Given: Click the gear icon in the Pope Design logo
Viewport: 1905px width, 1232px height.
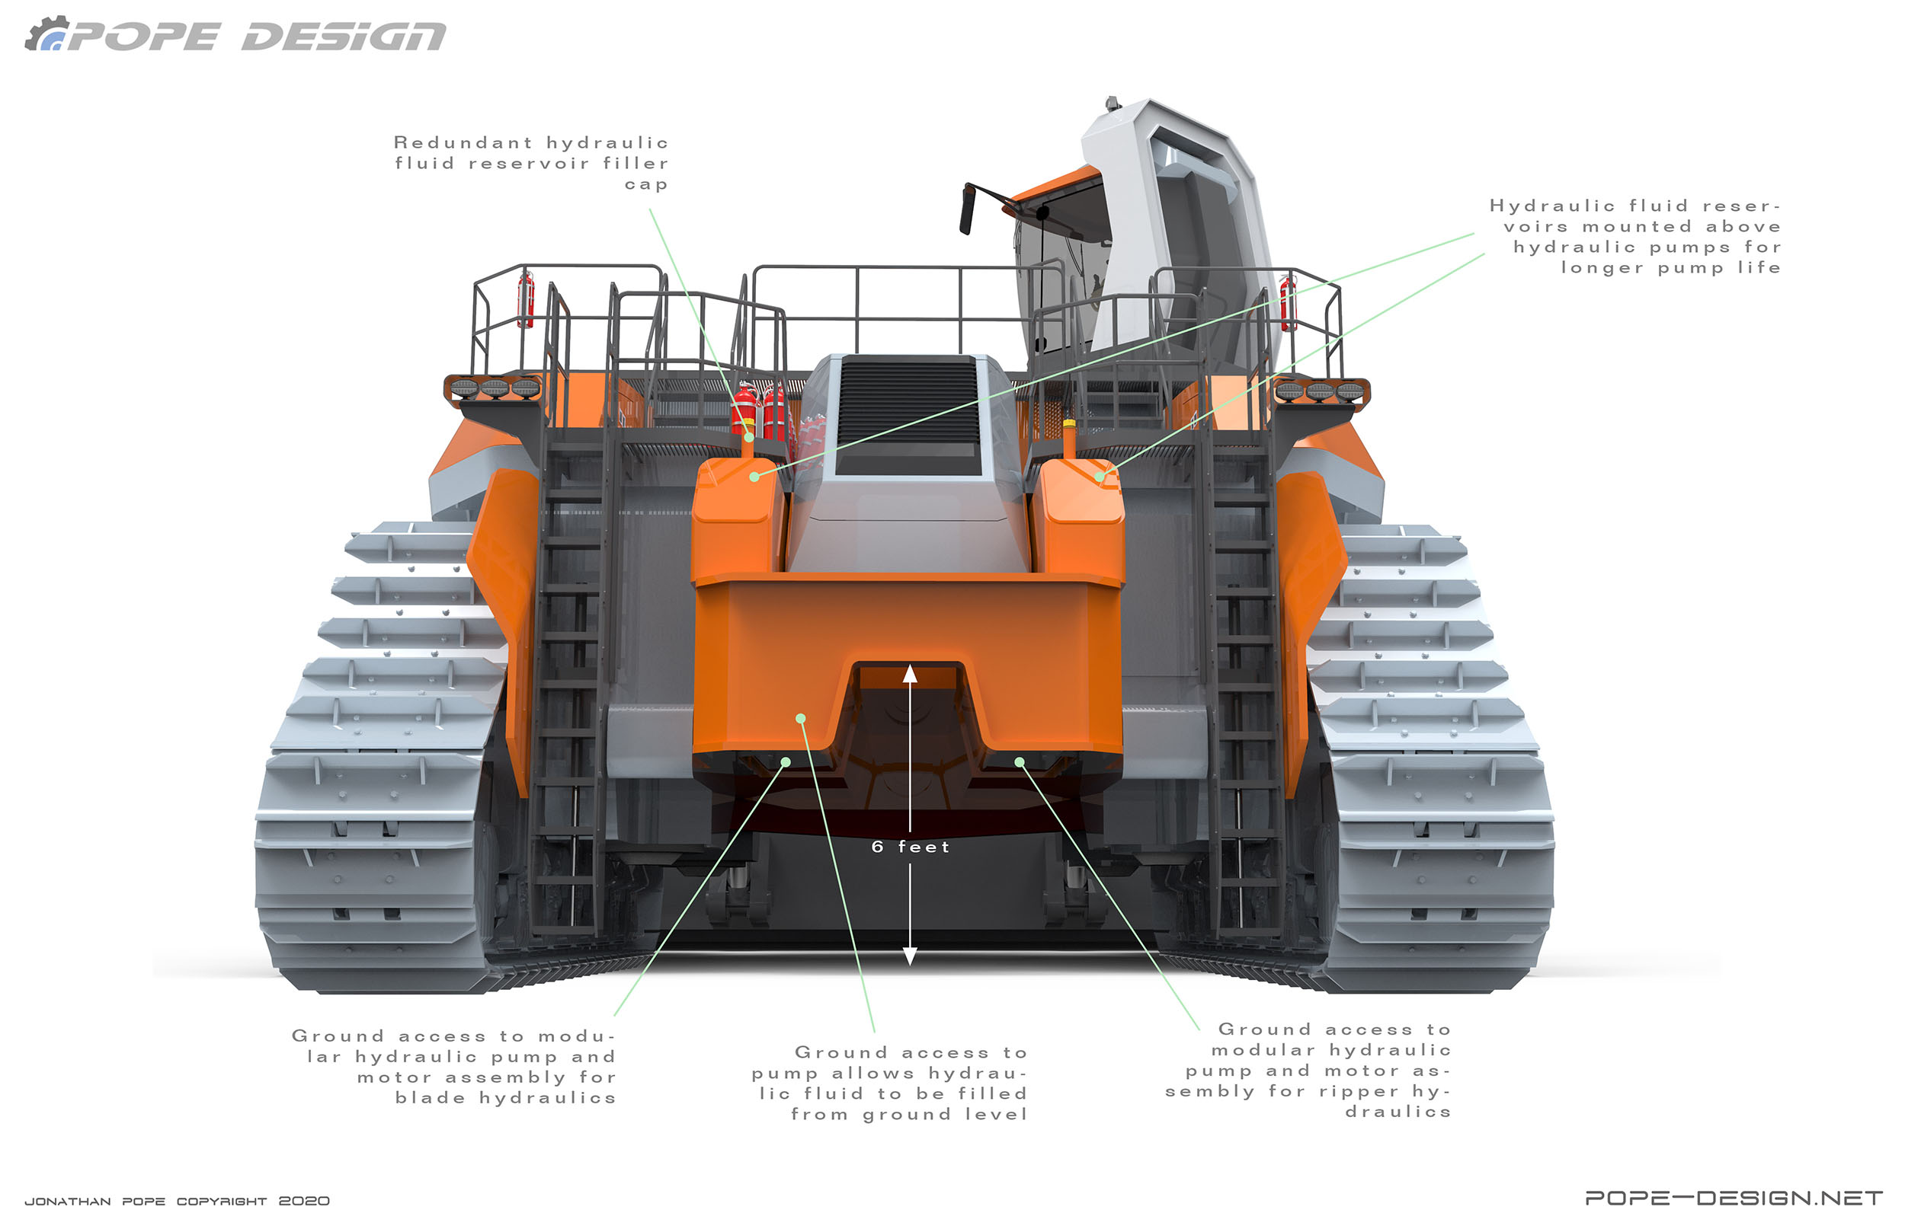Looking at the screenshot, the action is tap(46, 34).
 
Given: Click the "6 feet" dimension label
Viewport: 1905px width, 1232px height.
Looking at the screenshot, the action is tap(910, 847).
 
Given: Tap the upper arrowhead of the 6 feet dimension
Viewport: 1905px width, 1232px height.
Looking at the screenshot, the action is tap(910, 674).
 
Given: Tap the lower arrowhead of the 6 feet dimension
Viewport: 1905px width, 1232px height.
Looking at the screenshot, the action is tap(910, 956).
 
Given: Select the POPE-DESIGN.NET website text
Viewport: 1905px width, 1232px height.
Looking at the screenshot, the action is tap(1734, 1198).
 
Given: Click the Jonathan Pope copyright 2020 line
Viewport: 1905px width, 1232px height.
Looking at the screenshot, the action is tap(177, 1201).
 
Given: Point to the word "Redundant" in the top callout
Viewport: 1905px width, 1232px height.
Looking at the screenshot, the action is tap(463, 142).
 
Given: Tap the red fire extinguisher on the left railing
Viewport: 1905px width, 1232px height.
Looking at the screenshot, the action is tap(526, 299).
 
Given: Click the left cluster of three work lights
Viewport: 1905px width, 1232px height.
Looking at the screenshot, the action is tap(494, 388).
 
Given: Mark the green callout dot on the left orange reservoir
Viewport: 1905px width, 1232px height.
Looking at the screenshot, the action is tap(754, 477).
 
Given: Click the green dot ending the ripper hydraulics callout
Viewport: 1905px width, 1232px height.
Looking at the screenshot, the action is tap(1019, 761).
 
